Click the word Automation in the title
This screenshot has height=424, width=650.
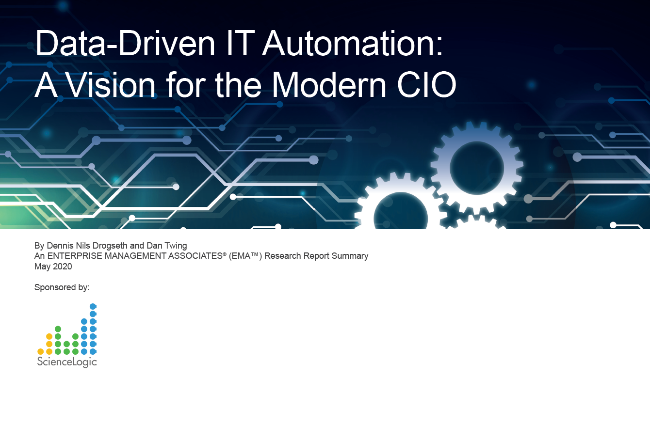point(352,44)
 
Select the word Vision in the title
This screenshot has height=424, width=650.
point(111,85)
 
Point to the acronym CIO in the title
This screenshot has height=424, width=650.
point(426,85)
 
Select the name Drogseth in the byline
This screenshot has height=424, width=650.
point(110,246)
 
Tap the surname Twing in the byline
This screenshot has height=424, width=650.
point(176,246)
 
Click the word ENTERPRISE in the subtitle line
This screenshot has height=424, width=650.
point(75,256)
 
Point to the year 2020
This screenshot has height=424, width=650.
point(63,267)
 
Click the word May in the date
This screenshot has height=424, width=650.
point(42,267)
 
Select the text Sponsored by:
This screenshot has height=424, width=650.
point(62,287)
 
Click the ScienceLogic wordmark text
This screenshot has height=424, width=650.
point(67,361)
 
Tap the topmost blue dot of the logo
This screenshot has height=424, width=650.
point(93,306)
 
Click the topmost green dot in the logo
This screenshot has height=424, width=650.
point(58,329)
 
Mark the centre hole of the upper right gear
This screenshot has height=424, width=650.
point(477,168)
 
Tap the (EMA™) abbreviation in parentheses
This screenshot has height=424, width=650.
point(245,256)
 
